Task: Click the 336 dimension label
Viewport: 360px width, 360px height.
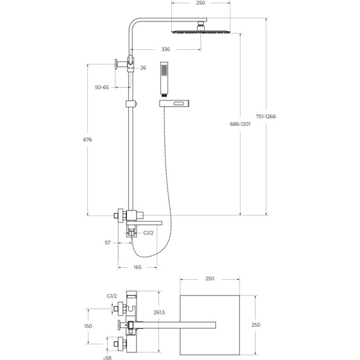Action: coord(165,49)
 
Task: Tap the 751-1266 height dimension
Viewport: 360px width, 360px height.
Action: coord(266,116)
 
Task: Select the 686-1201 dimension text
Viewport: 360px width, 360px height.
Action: coord(240,124)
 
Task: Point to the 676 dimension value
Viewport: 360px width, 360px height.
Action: coord(88,140)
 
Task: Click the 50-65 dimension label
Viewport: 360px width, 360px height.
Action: coord(102,87)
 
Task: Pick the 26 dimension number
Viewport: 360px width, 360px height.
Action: coord(143,68)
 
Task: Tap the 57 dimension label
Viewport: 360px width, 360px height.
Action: coord(107,243)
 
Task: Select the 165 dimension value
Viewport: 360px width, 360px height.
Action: coord(138,267)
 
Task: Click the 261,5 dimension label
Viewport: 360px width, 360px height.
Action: coord(159,313)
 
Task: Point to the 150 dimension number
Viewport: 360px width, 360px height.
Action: coord(88,326)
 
